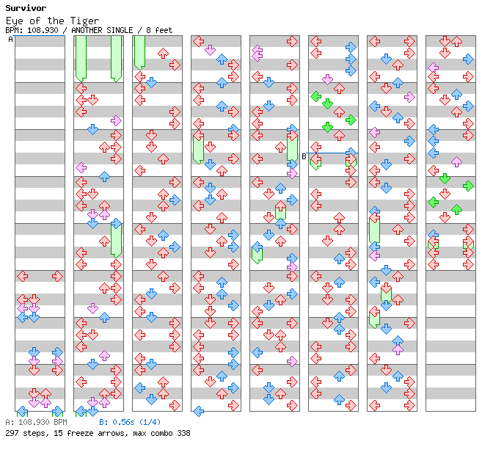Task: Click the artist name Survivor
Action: [26, 8]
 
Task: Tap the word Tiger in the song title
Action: [84, 21]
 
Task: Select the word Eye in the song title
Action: [15, 21]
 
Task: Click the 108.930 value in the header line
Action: [43, 30]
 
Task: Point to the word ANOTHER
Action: [87, 30]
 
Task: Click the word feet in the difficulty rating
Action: [164, 30]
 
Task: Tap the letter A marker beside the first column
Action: [10, 40]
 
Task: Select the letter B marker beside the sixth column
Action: [304, 156]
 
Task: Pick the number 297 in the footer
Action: [12, 433]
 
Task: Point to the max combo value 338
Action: [183, 433]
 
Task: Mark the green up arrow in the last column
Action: [456, 209]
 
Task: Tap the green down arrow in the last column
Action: [445, 178]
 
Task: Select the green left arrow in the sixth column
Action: [315, 97]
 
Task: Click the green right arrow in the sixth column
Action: [351, 120]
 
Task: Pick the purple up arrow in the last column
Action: [456, 162]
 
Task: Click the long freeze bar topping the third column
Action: [139, 53]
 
